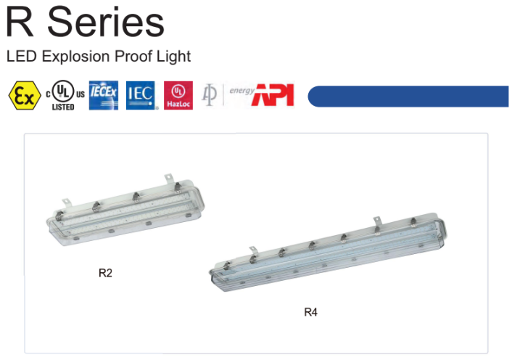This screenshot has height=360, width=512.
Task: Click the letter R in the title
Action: [20, 22]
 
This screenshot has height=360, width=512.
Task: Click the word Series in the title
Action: [106, 22]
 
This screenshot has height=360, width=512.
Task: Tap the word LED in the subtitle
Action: [21, 56]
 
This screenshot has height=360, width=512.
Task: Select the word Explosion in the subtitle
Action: [75, 57]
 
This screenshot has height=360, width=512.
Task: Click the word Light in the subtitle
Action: [173, 57]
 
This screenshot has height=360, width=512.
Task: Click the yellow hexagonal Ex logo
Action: [25, 95]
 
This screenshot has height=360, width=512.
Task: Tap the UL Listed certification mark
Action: [65, 95]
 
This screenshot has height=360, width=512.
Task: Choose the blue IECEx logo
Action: [104, 95]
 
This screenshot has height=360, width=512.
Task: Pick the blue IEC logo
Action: [141, 95]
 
